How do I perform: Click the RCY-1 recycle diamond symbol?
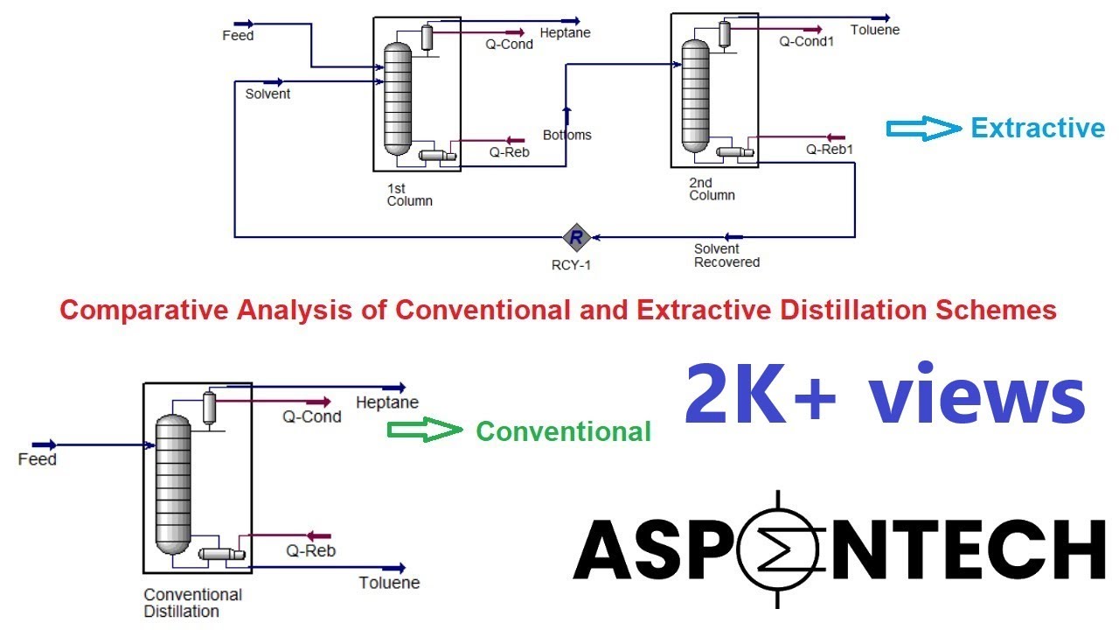[x=576, y=236]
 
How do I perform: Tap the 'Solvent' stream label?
[x=268, y=94]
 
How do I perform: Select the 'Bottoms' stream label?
[x=566, y=135]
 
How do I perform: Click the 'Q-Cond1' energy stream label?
[x=806, y=40]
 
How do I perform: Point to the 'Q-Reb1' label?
[x=830, y=150]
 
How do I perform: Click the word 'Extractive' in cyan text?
[x=1038, y=129]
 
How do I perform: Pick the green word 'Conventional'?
[x=563, y=431]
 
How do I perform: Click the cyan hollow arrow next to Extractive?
[x=923, y=129]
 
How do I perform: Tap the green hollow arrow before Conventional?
[x=424, y=430]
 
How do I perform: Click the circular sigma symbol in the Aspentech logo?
[x=777, y=549]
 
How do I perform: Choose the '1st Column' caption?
[x=409, y=194]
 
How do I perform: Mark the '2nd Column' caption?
[x=712, y=189]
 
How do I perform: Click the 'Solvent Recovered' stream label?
[x=726, y=255]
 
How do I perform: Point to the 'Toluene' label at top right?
[x=876, y=30]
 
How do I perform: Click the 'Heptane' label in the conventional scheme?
[x=387, y=402]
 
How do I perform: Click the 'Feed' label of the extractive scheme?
[x=238, y=36]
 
